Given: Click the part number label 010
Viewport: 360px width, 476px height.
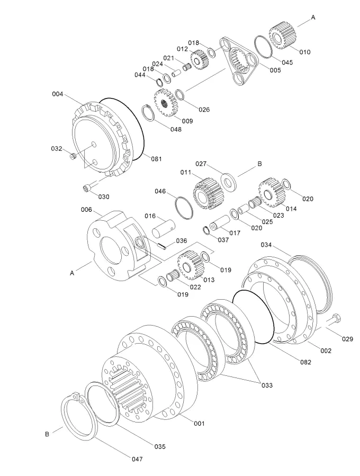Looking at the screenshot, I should click(305, 52).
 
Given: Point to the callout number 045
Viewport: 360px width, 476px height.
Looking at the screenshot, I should click(286, 62).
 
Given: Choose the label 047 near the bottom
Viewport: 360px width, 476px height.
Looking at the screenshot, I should click(137, 459).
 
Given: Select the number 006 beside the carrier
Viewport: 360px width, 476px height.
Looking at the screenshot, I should click(87, 210).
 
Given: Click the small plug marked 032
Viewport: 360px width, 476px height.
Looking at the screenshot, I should click(74, 155).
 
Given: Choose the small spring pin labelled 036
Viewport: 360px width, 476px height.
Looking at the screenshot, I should click(163, 245).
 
